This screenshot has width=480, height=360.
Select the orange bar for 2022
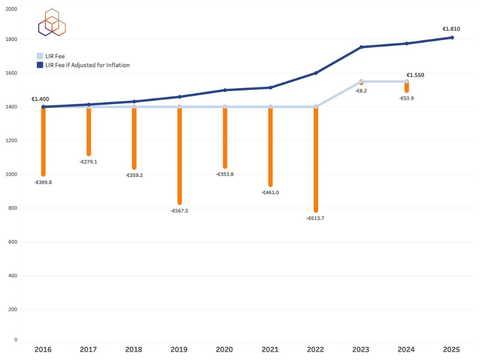click(x=316, y=159)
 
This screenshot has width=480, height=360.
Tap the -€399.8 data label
click(x=43, y=182)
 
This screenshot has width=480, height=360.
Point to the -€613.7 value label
click(x=315, y=218)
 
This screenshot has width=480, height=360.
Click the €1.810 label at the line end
click(x=451, y=29)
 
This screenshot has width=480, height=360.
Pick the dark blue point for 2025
click(x=452, y=37)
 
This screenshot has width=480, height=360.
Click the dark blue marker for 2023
click(x=361, y=47)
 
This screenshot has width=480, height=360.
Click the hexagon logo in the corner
click(x=52, y=22)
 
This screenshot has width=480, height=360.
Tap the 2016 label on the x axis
click(x=43, y=350)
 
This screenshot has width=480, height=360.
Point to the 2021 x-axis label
click(x=270, y=350)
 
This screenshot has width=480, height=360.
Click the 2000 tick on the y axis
click(x=11, y=9)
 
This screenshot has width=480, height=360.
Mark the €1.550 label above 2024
click(x=415, y=75)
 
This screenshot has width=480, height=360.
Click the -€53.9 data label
click(x=406, y=98)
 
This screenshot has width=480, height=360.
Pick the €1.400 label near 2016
click(x=40, y=99)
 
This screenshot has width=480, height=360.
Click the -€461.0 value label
click(x=270, y=193)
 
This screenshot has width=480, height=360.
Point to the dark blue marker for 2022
click(x=316, y=73)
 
